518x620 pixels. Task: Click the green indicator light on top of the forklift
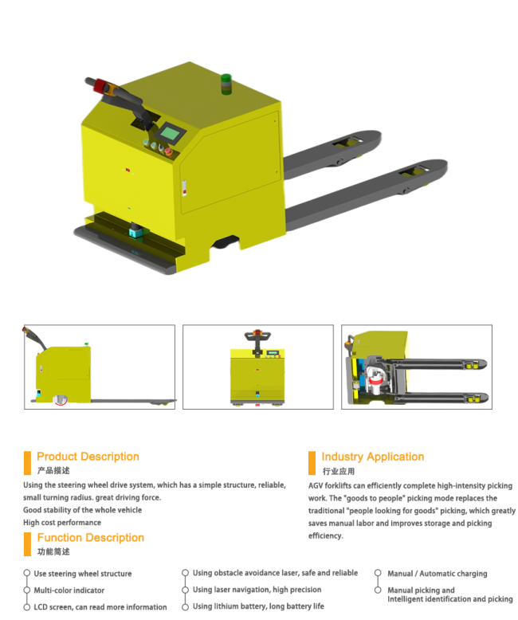[226, 84]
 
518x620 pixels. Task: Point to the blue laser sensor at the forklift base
[136, 230]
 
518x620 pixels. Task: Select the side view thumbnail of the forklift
[100, 367]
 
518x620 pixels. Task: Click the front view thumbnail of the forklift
[258, 367]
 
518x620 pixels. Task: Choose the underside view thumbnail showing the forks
[417, 367]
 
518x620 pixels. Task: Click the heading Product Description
[88, 457]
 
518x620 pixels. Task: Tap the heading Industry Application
[372, 457]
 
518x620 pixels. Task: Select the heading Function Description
[91, 538]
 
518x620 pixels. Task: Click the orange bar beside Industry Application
[312, 463]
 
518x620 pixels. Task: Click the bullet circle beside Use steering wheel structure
[27, 573]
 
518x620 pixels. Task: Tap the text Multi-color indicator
[69, 591]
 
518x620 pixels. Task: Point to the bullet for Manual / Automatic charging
[378, 573]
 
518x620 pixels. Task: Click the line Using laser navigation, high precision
[257, 590]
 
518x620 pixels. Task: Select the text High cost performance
[62, 523]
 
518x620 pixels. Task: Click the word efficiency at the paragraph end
[326, 536]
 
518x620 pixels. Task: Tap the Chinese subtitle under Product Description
[53, 470]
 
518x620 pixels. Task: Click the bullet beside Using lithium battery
[185, 607]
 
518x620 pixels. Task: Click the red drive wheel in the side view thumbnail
[61, 400]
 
